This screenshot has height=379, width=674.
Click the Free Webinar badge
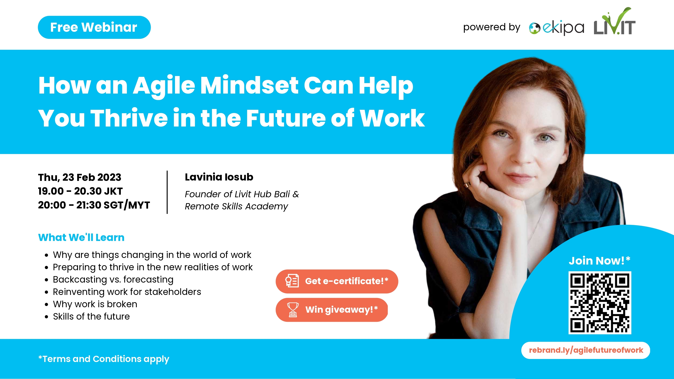(x=94, y=27)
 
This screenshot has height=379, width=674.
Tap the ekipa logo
(x=557, y=28)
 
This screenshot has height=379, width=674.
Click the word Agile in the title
(x=164, y=86)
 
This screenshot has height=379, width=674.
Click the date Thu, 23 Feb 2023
(x=80, y=177)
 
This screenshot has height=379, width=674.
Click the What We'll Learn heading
(x=81, y=237)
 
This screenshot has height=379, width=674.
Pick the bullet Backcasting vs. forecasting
(x=113, y=280)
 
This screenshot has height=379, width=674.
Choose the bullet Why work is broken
(x=95, y=304)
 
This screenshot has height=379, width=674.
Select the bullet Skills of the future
(x=91, y=317)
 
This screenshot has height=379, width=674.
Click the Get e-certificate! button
(x=337, y=281)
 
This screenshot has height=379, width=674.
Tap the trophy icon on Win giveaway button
(x=293, y=310)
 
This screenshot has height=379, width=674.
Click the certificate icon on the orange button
(x=292, y=281)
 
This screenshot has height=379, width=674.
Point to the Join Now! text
(x=599, y=261)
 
